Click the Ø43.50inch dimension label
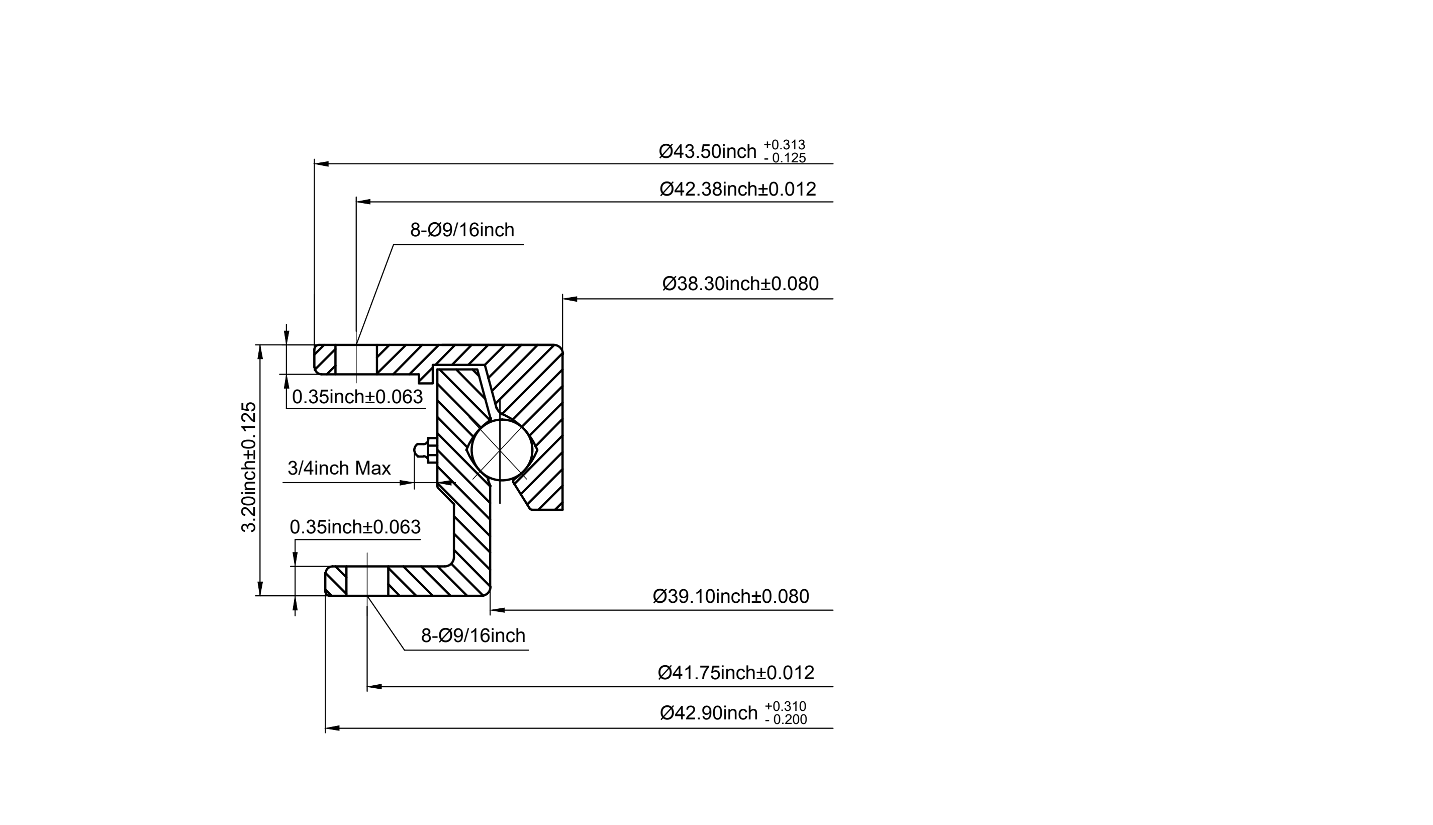pos(707,152)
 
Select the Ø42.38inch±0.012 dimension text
pos(738,189)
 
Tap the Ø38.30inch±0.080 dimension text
pos(740,284)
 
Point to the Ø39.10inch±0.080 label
pos(731,597)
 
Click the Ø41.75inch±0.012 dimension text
pos(736,673)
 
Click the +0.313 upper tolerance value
pos(785,145)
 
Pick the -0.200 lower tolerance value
pos(786,719)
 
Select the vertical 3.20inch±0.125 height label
pos(249,467)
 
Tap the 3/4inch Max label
pos(339,469)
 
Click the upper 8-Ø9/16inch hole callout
pos(462,230)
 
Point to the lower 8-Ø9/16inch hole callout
pos(473,636)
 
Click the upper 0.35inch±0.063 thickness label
pos(357,397)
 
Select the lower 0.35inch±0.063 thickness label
pos(355,527)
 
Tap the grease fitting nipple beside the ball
pos(424,450)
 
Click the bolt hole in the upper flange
pos(356,359)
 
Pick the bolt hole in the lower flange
pos(367,581)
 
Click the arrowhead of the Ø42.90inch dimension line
pos(332,728)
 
